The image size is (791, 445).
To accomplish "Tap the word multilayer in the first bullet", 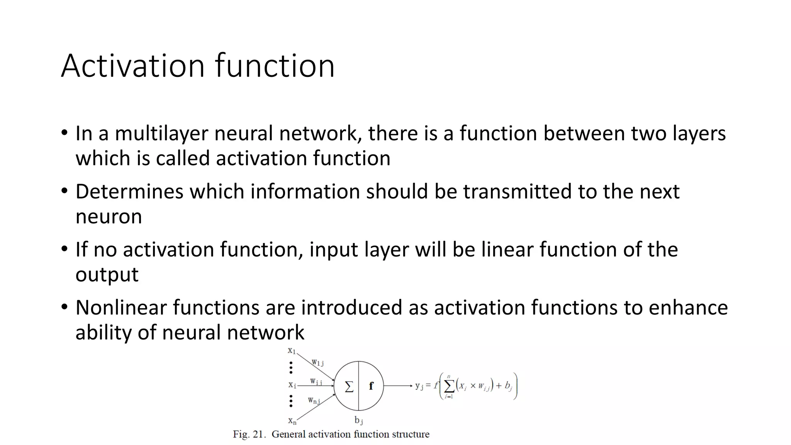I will tap(161, 134).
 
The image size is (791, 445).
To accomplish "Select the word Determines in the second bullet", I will tap(129, 192).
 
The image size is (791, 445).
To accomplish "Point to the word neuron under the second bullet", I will tap(109, 217).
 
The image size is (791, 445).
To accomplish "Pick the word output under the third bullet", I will tap(107, 275).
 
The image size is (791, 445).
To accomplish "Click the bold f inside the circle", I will tap(371, 386).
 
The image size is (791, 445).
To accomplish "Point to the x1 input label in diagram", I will tap(292, 351).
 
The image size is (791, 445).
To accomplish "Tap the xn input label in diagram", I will tap(292, 421).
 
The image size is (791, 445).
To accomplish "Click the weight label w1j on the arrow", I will tap(318, 363).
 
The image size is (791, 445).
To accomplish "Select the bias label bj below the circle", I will tap(359, 420).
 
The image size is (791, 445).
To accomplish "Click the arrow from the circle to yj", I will tap(398, 386).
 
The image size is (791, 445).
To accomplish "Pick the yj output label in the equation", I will tap(419, 386).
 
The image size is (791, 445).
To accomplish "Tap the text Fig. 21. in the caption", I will tap(249, 435).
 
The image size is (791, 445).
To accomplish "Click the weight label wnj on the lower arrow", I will tap(314, 401).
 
